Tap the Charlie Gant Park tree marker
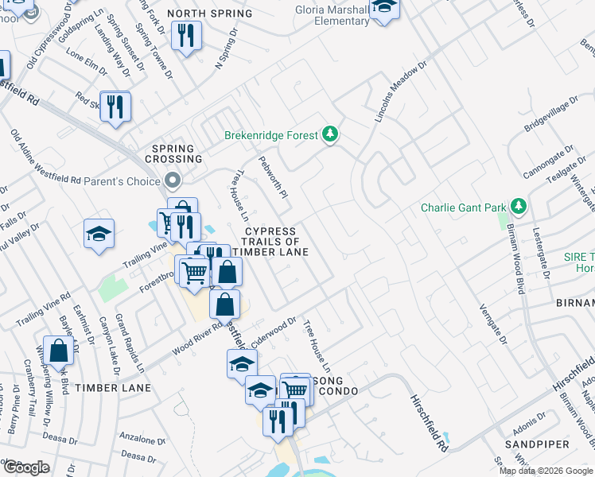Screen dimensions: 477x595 pos(518,207)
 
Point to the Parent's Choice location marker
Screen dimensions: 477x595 pos(173,180)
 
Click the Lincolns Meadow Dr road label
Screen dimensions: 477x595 pos(401,92)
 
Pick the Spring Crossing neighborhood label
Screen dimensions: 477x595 pos(173,154)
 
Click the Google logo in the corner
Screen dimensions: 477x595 pos(26,467)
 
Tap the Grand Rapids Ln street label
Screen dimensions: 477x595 pos(130,343)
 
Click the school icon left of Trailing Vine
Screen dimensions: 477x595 pos(99,234)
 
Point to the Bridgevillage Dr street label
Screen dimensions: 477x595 pos(551,117)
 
